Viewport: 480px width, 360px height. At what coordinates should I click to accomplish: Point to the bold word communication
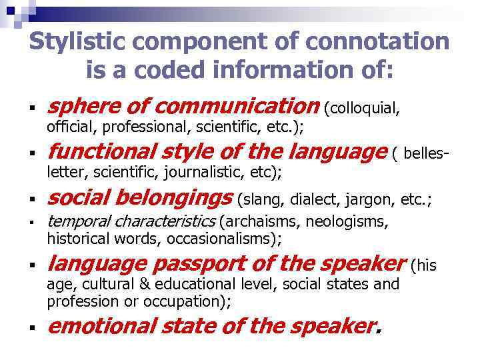244,105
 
